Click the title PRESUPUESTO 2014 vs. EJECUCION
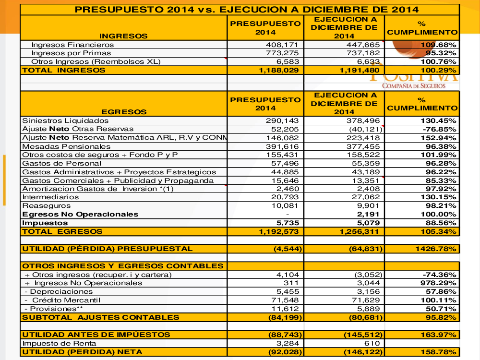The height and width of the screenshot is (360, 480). [240, 10]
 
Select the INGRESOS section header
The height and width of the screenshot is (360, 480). [123, 36]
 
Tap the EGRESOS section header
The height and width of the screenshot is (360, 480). [124, 112]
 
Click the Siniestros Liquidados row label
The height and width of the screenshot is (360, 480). [65, 120]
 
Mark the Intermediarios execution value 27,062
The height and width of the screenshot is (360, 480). [363, 197]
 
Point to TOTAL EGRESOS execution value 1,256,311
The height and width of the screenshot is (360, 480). [359, 231]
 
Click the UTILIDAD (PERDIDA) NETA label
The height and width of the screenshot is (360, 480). [82, 352]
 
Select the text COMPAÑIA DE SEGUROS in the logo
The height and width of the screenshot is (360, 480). [414, 86]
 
